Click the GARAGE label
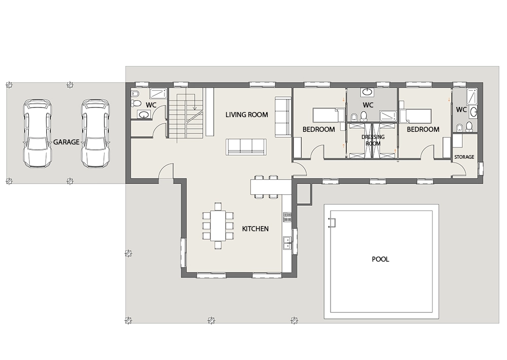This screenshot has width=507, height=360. coord(66,142)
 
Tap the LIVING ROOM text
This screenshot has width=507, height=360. coord(247,115)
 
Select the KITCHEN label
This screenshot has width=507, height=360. coord(255,229)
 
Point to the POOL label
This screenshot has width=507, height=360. coord(380,259)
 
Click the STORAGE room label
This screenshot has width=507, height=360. coord(464,157)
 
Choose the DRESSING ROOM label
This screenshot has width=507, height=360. coord(373,140)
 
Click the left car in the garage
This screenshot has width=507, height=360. coord(37,133)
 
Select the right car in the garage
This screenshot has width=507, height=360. coord(95,133)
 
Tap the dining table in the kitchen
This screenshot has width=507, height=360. coord(218,226)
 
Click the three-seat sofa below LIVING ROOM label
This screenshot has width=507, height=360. coord(246,147)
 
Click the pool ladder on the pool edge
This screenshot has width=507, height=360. coord(332,223)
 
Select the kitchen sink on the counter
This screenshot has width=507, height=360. coord(287,243)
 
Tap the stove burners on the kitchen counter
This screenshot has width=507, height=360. coord(287,217)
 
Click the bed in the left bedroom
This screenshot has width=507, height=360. coord(328,116)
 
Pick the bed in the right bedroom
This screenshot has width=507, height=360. coord(416,116)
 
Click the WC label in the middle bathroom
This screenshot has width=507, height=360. coord(368,105)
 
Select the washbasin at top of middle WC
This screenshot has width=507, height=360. coord(367,92)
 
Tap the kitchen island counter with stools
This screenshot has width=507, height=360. coord(271,187)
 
